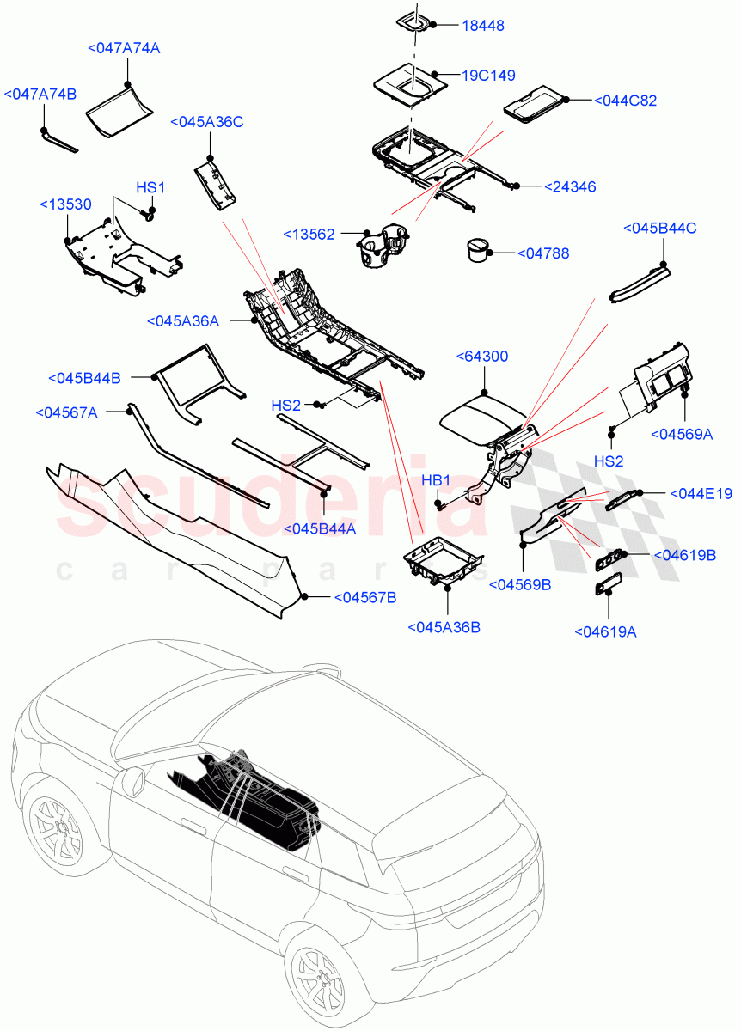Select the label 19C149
point(488,76)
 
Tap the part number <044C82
point(625,101)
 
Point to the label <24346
point(570,186)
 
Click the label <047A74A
point(124,49)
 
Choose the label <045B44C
point(659,228)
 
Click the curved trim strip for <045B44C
point(638,283)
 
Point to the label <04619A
point(605,632)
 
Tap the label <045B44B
point(84,378)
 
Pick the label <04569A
point(682,435)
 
